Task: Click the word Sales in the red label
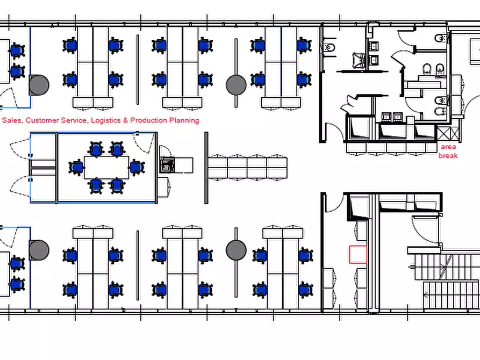(11, 120)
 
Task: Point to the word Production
(148, 120)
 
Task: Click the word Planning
(184, 120)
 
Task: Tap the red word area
(448, 147)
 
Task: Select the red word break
(448, 155)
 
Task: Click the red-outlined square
(358, 254)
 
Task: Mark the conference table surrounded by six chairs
(106, 168)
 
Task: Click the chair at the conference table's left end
(76, 168)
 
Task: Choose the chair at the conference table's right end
(137, 168)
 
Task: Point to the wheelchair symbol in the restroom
(359, 60)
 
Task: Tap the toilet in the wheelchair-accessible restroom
(329, 47)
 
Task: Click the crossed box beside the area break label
(448, 134)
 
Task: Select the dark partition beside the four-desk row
(206, 168)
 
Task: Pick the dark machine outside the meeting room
(167, 165)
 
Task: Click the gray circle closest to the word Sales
(39, 85)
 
